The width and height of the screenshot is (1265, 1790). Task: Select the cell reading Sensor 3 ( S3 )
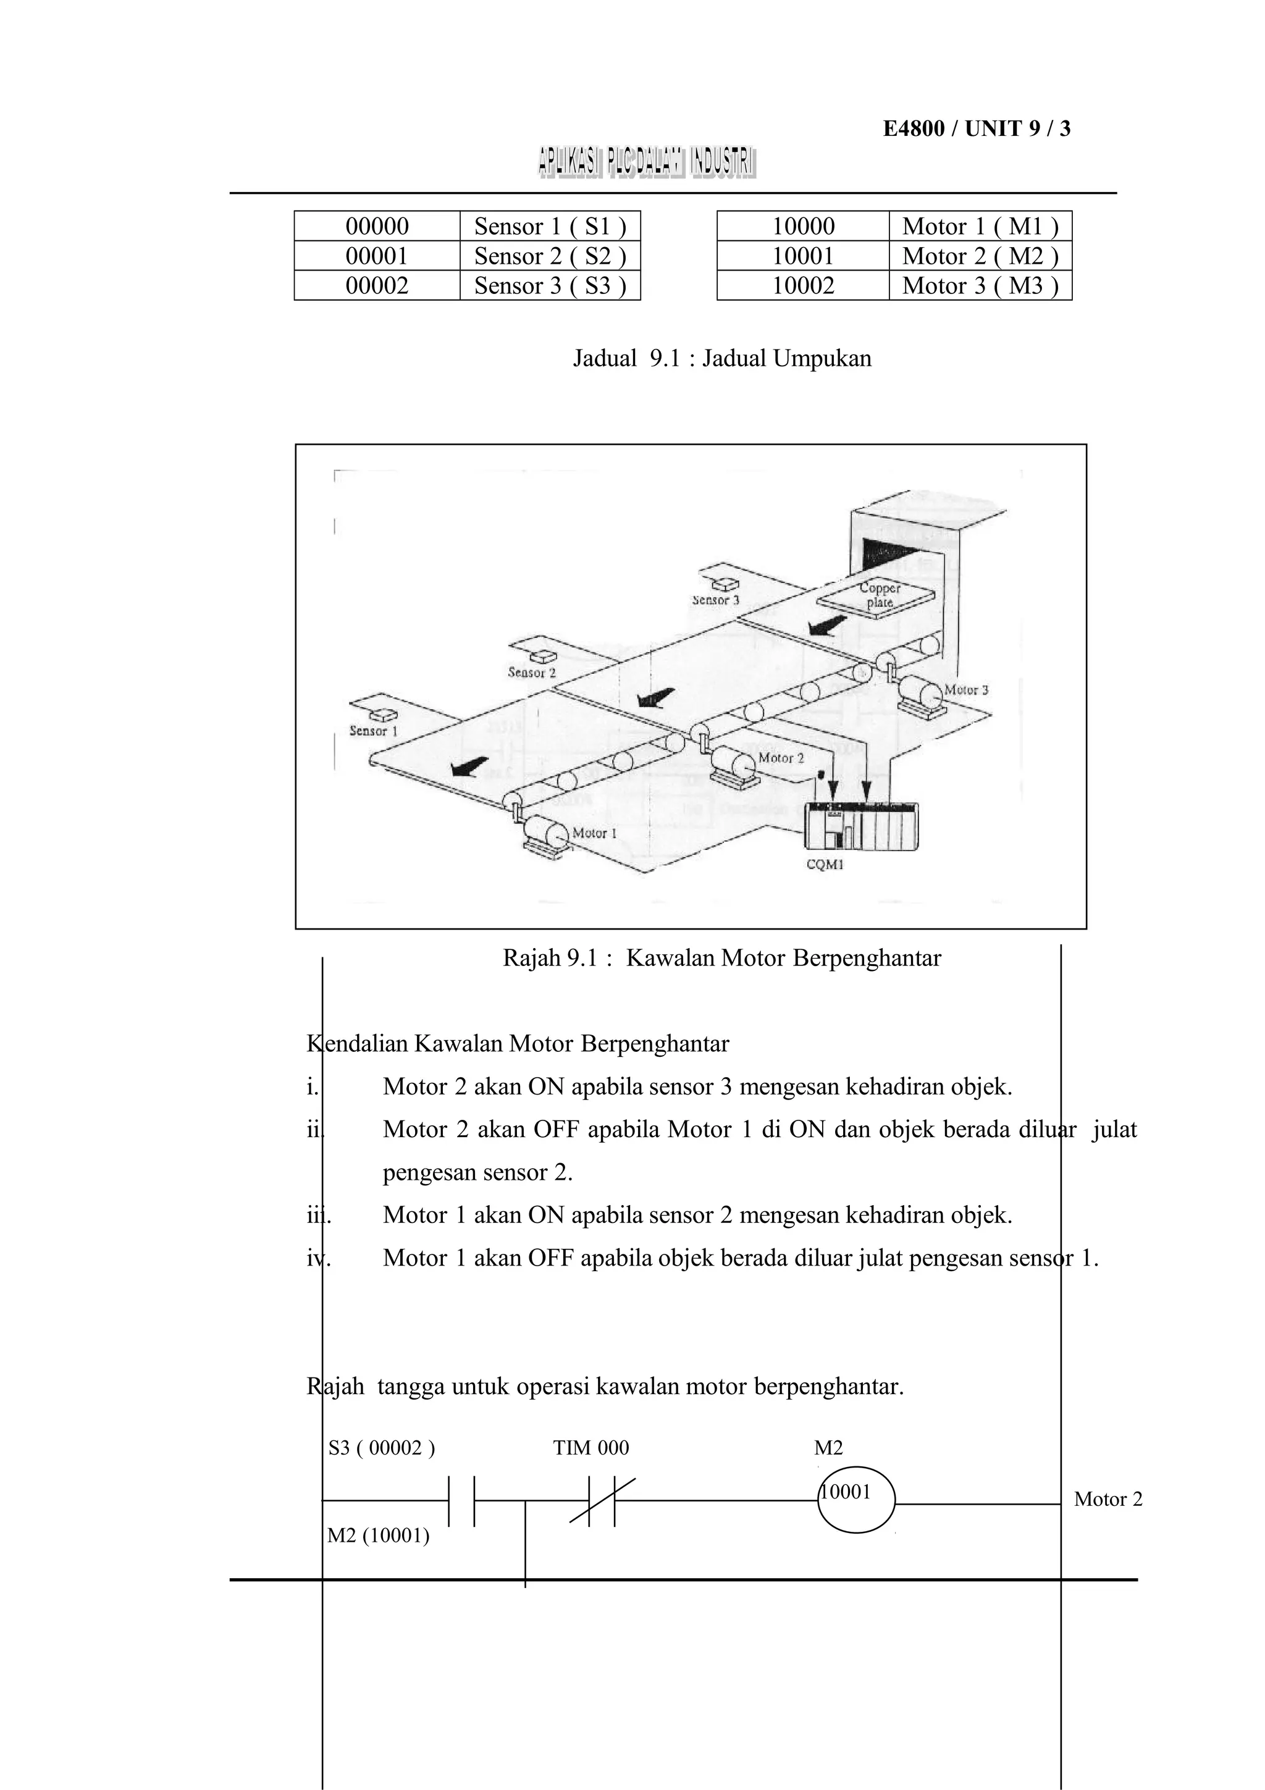(550, 285)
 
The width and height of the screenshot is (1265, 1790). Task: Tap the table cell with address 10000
(803, 226)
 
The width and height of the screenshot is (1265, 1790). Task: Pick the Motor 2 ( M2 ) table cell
(980, 256)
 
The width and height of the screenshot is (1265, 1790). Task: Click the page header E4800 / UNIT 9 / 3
(977, 128)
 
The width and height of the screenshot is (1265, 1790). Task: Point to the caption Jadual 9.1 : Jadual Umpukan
(721, 359)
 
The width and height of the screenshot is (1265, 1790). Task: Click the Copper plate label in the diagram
(879, 595)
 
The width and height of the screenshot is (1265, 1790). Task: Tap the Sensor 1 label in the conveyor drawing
(373, 731)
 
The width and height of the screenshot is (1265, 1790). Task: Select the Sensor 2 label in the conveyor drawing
(532, 672)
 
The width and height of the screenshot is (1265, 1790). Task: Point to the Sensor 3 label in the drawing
(715, 600)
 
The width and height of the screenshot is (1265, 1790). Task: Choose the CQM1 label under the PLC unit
(825, 864)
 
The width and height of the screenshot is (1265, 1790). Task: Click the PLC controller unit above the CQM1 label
(860, 826)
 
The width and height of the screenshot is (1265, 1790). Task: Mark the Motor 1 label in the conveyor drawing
(594, 833)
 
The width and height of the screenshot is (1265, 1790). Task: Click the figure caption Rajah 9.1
(721, 957)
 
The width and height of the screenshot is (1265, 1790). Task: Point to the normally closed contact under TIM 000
(602, 1501)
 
